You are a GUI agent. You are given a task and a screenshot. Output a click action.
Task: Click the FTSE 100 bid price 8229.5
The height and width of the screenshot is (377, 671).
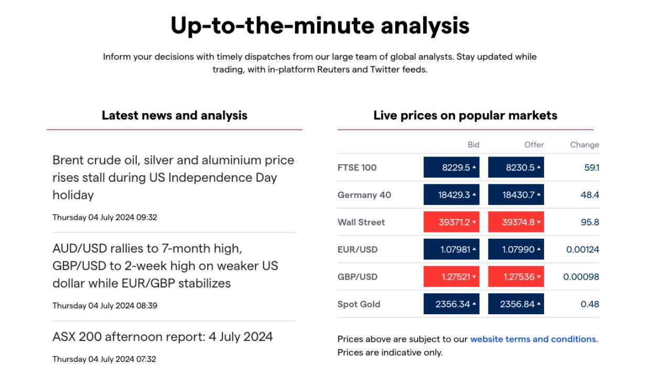pyautogui.click(x=451, y=167)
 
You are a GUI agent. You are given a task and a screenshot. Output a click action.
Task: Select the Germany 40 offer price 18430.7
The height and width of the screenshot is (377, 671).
pyautogui.click(x=516, y=195)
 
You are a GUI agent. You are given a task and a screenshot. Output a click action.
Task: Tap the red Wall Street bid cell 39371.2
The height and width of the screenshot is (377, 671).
pyautogui.click(x=451, y=222)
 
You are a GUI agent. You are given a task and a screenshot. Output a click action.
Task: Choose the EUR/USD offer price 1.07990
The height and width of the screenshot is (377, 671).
pyautogui.click(x=516, y=249)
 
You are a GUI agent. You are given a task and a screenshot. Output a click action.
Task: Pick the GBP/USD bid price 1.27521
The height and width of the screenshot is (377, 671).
pyautogui.click(x=451, y=277)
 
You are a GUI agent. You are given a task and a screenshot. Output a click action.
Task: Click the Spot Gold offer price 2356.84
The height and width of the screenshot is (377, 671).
pyautogui.click(x=516, y=304)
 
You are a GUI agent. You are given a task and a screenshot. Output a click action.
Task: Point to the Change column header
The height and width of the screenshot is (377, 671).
pyautogui.click(x=585, y=145)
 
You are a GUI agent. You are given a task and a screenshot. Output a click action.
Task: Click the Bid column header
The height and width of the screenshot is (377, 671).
pyautogui.click(x=473, y=145)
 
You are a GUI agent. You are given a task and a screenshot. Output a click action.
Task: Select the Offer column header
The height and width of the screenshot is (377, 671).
pyautogui.click(x=534, y=145)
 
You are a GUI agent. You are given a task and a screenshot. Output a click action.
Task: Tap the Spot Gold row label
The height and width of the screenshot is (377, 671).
pyautogui.click(x=359, y=304)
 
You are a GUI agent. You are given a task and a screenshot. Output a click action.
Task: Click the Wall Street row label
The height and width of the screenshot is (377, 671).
pyautogui.click(x=361, y=222)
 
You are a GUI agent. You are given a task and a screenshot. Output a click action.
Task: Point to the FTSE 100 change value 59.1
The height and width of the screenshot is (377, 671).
pyautogui.click(x=592, y=168)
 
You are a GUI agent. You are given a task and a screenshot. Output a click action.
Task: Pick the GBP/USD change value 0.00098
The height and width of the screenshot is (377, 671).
pyautogui.click(x=581, y=277)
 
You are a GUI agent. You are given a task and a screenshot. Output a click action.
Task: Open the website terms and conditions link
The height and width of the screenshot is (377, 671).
pyautogui.click(x=533, y=339)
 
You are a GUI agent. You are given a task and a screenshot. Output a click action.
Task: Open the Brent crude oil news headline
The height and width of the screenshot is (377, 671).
pyautogui.click(x=173, y=178)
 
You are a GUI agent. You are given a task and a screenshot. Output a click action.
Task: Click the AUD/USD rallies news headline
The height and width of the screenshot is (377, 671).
pyautogui.click(x=165, y=265)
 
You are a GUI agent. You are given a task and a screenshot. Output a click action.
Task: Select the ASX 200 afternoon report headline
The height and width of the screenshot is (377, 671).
pyautogui.click(x=163, y=337)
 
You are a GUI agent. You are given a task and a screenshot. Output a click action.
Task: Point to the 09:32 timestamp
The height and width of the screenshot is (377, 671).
pyautogui.click(x=146, y=217)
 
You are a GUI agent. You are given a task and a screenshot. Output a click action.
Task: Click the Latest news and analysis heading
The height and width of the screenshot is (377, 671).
pyautogui.click(x=175, y=116)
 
